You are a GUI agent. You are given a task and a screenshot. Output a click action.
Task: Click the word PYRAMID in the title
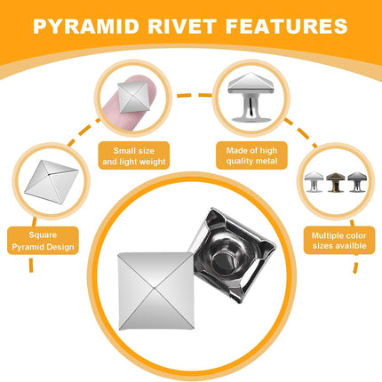coord(86,26)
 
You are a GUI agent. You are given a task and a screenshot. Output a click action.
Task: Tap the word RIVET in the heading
coord(182,26)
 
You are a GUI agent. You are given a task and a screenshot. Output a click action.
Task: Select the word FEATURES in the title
coord(286,26)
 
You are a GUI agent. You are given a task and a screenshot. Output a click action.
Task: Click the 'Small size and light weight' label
coord(134,155)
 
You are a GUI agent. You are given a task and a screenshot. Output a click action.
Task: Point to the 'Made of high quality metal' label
coord(251,155)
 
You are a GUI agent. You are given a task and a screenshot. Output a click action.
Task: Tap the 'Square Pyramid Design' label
coord(43,241)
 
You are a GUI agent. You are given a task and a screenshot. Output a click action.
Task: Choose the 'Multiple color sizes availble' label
coord(339,241)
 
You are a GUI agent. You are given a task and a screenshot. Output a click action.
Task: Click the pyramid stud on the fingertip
coord(134,97)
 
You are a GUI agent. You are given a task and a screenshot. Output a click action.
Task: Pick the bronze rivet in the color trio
coord(336,182)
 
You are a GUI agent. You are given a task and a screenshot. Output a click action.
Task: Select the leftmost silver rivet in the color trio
coord(314,181)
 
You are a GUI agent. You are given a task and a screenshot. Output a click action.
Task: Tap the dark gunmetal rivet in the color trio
coord(357,181)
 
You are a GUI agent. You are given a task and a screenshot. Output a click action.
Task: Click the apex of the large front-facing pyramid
coord(155,287)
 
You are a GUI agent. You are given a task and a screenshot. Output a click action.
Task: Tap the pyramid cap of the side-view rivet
coord(250,83)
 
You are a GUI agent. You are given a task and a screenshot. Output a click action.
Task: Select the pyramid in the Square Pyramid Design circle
coord(52,182)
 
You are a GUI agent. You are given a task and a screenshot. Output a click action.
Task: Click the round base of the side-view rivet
coord(251,119)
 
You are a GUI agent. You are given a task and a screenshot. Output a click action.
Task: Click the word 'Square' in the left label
coord(43,235)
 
